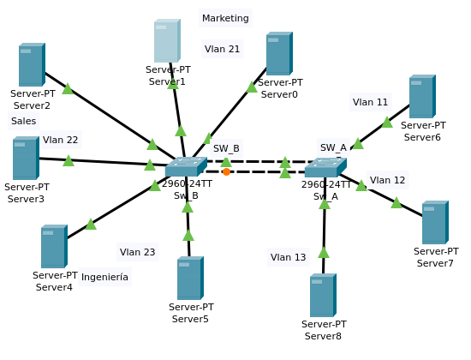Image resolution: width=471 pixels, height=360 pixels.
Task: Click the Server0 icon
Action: (x=279, y=53)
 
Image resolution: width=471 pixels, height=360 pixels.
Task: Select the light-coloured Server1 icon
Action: (x=167, y=40)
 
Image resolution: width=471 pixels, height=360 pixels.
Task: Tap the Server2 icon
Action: (x=32, y=64)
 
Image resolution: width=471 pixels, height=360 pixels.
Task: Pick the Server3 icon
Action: (x=27, y=158)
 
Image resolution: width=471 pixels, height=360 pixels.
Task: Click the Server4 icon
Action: (x=54, y=246)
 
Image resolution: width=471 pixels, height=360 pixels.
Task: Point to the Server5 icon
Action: (x=190, y=278)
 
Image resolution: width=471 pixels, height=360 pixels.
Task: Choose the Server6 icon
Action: (x=422, y=96)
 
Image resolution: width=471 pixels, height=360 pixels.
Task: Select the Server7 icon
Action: (x=435, y=222)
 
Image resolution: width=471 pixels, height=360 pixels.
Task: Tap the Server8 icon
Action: (x=323, y=295)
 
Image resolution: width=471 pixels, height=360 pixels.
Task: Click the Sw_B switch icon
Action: (x=186, y=166)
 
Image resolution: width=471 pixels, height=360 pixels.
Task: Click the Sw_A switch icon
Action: (x=325, y=167)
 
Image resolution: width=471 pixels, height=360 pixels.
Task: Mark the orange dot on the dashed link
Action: (x=226, y=171)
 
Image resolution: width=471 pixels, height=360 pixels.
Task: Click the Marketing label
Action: (x=225, y=18)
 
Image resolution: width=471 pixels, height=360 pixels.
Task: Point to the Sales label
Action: (x=23, y=121)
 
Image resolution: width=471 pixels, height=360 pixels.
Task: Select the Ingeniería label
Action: (x=104, y=277)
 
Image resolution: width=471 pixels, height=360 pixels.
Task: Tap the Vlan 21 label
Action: (x=222, y=49)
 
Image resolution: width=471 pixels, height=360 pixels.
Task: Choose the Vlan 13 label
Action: (x=288, y=257)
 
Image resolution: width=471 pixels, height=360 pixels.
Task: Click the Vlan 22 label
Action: (x=61, y=140)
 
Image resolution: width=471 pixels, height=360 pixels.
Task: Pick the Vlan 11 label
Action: (x=370, y=102)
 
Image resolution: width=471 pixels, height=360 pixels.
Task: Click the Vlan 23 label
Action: (x=137, y=252)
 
